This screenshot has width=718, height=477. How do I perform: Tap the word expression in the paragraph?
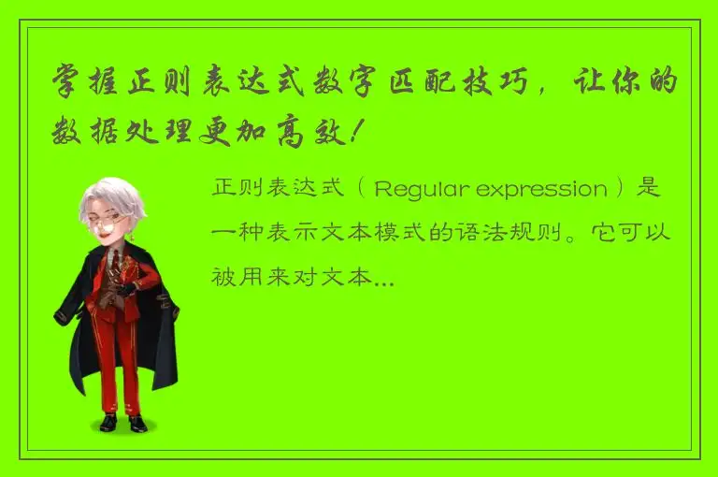(541, 190)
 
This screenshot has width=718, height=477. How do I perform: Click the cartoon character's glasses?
(109, 224)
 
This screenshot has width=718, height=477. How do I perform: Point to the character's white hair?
(110, 197)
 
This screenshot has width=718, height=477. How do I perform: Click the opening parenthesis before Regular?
(361, 190)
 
